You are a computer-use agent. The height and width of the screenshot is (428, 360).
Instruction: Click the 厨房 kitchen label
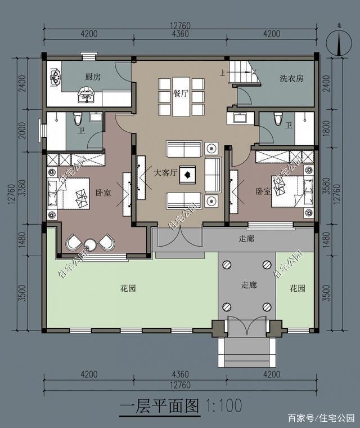click(93, 77)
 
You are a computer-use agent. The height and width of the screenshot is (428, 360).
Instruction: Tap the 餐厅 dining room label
click(181, 93)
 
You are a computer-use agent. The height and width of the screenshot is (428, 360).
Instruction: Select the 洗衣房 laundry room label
click(291, 78)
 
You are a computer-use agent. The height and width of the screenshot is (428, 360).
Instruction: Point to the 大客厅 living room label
click(165, 172)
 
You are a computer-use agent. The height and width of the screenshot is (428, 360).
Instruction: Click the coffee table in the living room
click(187, 175)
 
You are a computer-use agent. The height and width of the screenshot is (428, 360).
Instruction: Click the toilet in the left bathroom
click(78, 119)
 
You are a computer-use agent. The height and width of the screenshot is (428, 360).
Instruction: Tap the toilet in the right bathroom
click(278, 119)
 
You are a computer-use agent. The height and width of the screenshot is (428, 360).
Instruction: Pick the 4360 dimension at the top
click(180, 34)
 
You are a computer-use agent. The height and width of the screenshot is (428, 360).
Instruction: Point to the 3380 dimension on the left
click(23, 188)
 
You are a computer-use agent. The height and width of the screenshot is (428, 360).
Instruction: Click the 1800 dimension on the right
click(326, 128)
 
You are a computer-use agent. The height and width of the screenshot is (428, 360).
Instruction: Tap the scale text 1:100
click(223, 405)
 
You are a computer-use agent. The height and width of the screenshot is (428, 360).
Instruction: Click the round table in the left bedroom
click(90, 244)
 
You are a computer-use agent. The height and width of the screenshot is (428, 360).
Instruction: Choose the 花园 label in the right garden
click(297, 288)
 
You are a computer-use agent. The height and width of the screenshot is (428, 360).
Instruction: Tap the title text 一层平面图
click(160, 406)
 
